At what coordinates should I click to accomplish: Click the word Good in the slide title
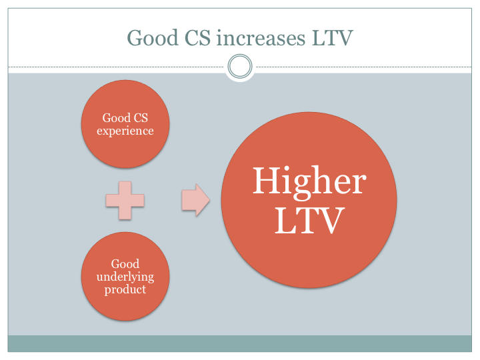pos(153,38)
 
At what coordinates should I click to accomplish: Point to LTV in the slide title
pos(333,38)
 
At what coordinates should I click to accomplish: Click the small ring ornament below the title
pos(240,56)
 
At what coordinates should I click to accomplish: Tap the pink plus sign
pos(125,201)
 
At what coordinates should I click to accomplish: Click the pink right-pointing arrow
pos(196,200)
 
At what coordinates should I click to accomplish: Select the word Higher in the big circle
pos(309,183)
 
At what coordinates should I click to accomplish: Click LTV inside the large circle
pos(310,221)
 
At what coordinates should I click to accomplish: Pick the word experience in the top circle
pos(125,131)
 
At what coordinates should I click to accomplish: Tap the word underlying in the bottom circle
pos(125,277)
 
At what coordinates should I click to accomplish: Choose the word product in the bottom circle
pos(125,289)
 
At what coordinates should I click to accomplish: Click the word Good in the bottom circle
pos(125,263)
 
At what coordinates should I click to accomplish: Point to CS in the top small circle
pos(141,118)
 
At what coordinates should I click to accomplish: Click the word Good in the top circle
pos(117,118)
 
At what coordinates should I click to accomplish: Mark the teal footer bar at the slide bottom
pos(240,343)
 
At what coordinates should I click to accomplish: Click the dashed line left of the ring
pos(116,67)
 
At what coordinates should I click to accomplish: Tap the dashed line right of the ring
pos(364,67)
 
